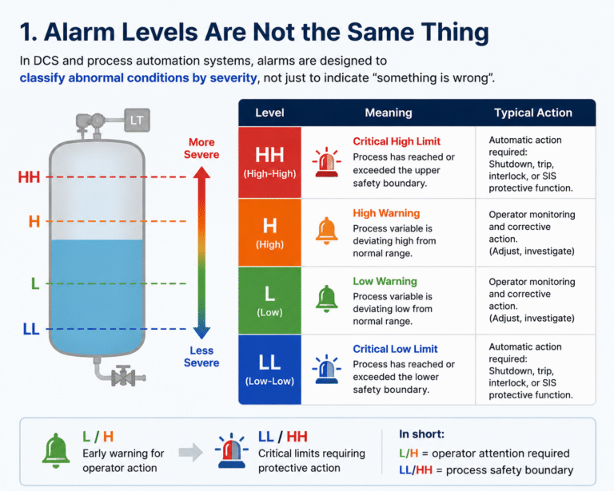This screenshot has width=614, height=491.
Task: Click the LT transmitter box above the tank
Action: click(x=137, y=120)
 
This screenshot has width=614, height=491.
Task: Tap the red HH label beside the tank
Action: click(x=29, y=177)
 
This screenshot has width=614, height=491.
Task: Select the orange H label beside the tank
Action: click(x=34, y=222)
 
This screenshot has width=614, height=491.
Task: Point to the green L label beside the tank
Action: click(x=35, y=283)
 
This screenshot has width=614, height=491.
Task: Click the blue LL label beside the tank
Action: click(x=31, y=329)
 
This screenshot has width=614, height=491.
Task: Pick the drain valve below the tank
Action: click(x=125, y=377)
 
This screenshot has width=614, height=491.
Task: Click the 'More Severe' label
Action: click(x=201, y=148)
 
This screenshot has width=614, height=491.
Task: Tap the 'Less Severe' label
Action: click(x=201, y=357)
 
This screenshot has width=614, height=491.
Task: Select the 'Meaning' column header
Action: click(x=389, y=113)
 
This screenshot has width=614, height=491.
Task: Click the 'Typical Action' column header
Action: click(x=533, y=113)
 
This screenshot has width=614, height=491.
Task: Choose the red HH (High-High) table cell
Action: click(x=269, y=162)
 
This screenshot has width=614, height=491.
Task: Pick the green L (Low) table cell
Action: click(x=269, y=300)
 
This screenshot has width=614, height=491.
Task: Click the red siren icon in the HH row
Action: click(x=326, y=163)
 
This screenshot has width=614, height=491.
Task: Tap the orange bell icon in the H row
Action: click(x=326, y=231)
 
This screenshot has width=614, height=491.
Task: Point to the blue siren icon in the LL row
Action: click(x=326, y=369)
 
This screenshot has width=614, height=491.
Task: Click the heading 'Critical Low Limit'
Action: click(x=395, y=349)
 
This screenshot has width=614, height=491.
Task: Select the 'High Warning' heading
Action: click(x=386, y=213)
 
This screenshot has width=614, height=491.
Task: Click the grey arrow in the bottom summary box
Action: click(x=191, y=453)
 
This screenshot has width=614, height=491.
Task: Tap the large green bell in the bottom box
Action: click(x=56, y=451)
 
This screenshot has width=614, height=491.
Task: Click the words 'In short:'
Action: click(x=422, y=434)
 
